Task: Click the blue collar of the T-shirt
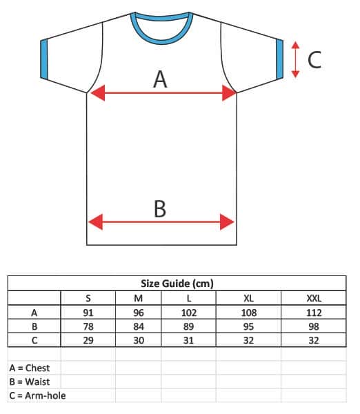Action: click(x=161, y=41)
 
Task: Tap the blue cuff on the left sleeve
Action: click(x=44, y=59)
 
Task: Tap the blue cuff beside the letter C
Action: click(x=279, y=59)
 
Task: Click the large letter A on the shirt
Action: click(x=160, y=79)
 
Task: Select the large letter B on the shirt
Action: click(x=160, y=208)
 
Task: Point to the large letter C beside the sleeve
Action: click(x=314, y=60)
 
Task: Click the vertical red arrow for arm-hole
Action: click(x=296, y=59)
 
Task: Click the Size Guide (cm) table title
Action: click(x=177, y=284)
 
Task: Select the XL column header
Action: click(x=249, y=298)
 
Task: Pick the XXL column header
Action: click(x=314, y=298)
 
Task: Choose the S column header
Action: click(x=88, y=298)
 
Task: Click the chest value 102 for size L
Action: click(x=189, y=313)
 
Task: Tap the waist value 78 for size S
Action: click(x=88, y=326)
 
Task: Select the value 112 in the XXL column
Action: click(x=314, y=313)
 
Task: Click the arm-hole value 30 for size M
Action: click(x=139, y=340)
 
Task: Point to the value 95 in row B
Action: click(x=249, y=326)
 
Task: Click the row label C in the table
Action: click(x=34, y=340)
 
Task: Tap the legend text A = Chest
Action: click(x=30, y=368)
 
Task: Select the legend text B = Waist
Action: click(x=30, y=382)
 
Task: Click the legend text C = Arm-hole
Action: click(x=37, y=395)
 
